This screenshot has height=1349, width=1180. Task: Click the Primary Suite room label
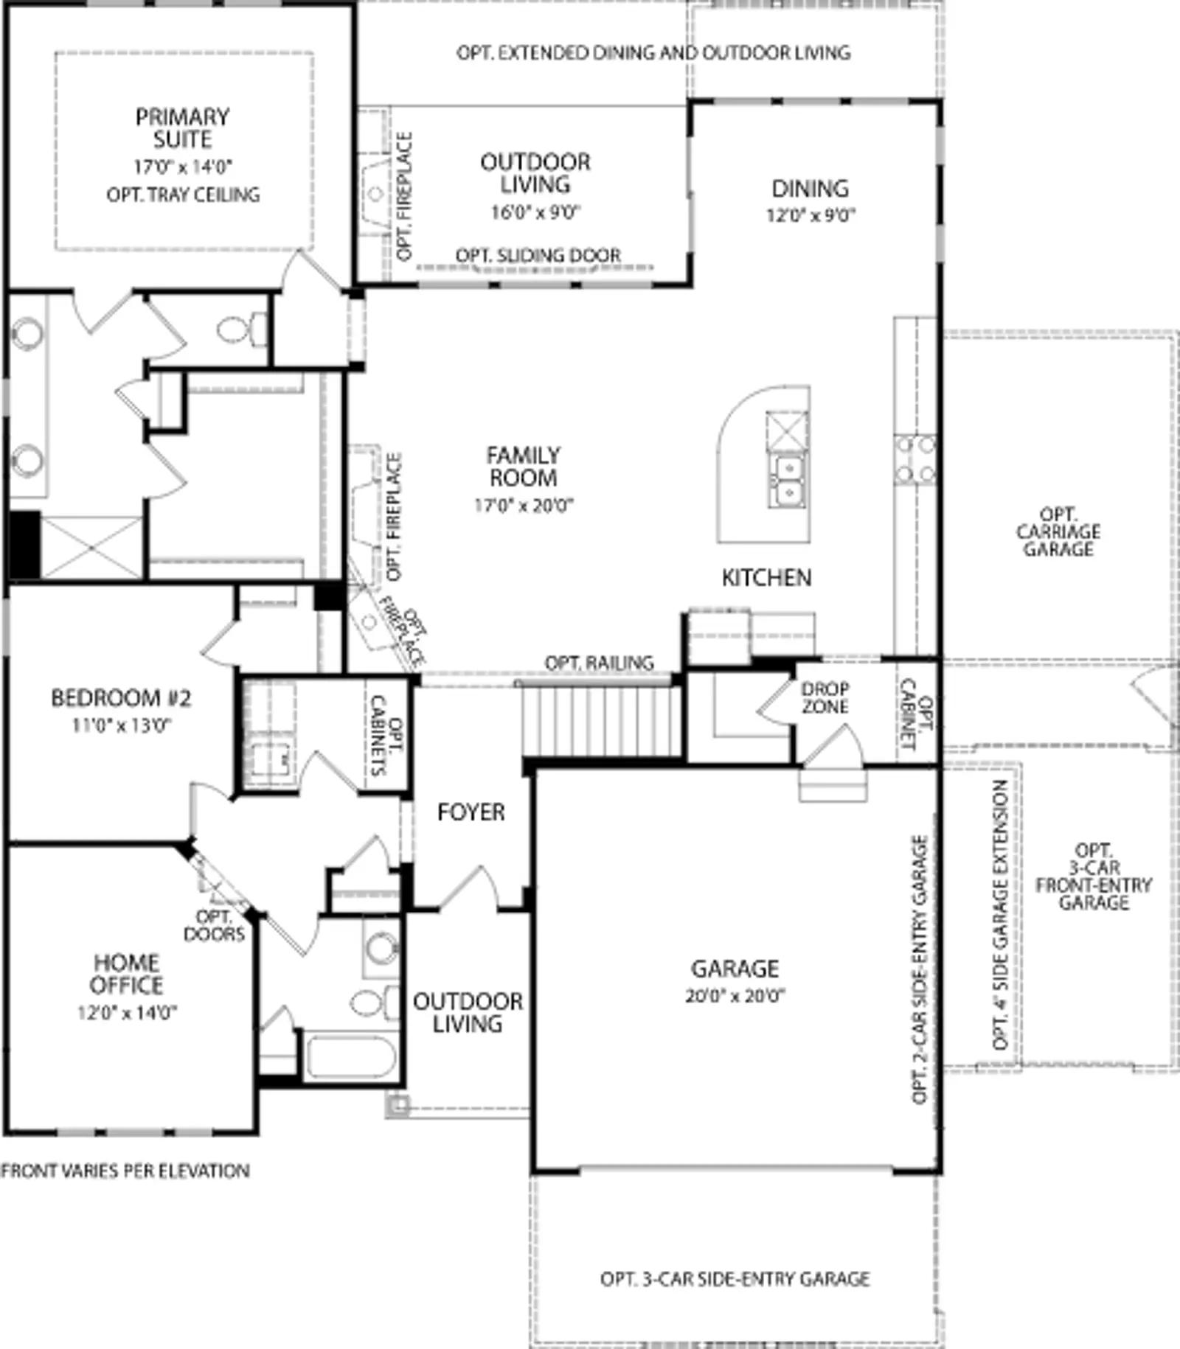tap(182, 128)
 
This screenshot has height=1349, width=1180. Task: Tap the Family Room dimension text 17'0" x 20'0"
tap(524, 506)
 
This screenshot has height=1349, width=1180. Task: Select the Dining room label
tap(810, 189)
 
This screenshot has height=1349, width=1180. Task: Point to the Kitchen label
tap(766, 578)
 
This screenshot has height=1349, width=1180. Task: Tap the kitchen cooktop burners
tap(915, 459)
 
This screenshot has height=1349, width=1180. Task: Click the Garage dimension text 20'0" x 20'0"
tap(735, 996)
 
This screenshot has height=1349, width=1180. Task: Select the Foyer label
tap(471, 812)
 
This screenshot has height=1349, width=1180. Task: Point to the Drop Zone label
tap(825, 697)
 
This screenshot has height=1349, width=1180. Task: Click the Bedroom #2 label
tap(121, 697)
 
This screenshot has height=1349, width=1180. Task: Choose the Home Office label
tap(127, 974)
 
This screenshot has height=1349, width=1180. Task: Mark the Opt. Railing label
tap(599, 663)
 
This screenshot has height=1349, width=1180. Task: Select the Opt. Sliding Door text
tap(538, 255)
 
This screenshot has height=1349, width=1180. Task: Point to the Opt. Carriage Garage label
tap(1058, 531)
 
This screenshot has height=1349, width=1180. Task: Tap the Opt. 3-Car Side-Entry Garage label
tap(735, 1279)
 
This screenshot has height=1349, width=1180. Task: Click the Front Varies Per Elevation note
tap(125, 1171)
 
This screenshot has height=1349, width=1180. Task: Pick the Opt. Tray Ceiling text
tap(183, 195)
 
